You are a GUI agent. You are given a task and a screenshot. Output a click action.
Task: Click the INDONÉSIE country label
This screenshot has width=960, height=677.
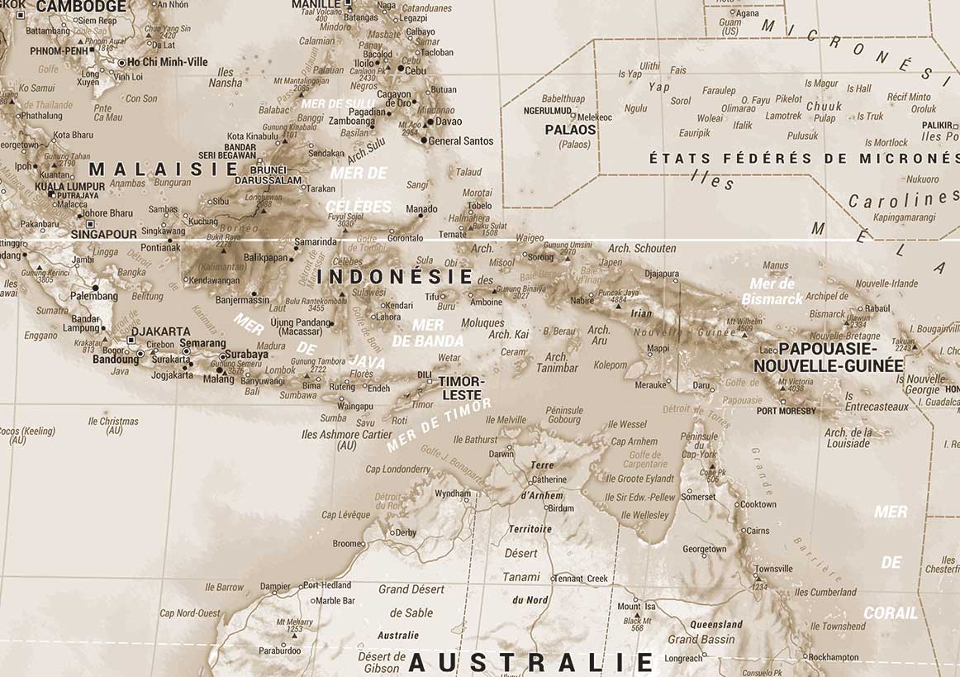click(396, 277)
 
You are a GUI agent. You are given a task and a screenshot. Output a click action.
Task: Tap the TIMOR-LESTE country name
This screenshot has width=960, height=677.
click(460, 388)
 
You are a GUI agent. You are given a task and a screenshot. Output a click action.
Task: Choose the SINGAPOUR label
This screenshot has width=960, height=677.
click(103, 234)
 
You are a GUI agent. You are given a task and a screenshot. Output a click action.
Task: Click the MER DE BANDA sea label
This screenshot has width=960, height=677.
click(427, 332)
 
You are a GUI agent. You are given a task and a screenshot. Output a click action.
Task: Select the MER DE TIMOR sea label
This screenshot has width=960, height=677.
click(439, 425)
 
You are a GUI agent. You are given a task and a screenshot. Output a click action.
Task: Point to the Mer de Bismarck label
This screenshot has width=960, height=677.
click(772, 291)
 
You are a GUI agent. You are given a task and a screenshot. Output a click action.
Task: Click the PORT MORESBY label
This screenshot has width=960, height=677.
click(786, 411)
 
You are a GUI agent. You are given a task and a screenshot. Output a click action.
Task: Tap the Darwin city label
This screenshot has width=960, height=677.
click(501, 454)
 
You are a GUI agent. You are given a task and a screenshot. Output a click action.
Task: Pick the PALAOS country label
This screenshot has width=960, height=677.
click(570, 130)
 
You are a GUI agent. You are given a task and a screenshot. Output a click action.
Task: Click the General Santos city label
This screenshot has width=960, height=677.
click(460, 141)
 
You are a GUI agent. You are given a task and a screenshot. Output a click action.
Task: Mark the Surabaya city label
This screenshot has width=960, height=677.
click(245, 355)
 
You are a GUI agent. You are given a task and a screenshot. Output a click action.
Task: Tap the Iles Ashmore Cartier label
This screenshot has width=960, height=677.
click(347, 440)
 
